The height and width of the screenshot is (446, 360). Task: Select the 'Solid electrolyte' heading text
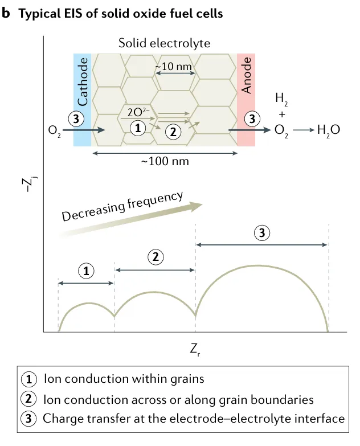click(164, 43)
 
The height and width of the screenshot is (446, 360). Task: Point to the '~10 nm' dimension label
click(175, 67)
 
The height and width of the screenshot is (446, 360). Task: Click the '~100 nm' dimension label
click(165, 162)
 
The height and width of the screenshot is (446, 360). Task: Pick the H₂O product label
click(329, 130)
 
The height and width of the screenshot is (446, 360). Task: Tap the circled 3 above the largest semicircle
click(261, 233)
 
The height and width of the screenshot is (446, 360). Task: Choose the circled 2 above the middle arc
click(155, 257)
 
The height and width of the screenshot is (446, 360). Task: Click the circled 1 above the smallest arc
click(86, 271)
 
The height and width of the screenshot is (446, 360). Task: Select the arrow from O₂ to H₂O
click(304, 130)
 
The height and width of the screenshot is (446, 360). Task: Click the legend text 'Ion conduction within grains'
click(123, 379)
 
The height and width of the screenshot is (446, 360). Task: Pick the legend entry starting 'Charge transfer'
click(193, 419)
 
